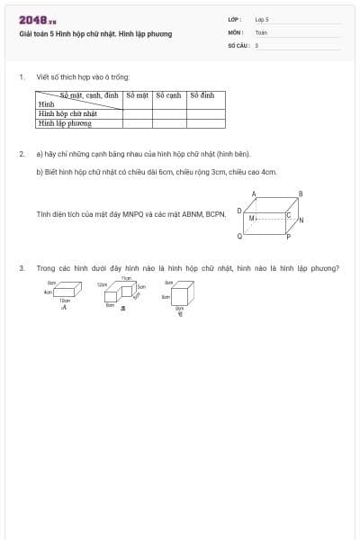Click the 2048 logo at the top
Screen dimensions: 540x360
[37, 20]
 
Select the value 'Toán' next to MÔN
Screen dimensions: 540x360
[261, 31]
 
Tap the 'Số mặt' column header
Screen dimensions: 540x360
[138, 94]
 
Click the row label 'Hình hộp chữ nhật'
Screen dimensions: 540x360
[67, 114]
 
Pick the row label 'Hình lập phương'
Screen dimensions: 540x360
[65, 123]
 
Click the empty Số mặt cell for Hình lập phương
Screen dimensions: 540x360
[138, 123]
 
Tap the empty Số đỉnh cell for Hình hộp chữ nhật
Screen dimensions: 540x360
[206, 114]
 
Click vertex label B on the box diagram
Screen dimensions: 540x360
[301, 193]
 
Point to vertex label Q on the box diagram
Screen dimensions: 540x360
[239, 236]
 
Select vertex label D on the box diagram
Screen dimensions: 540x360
[238, 211]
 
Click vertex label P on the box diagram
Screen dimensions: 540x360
[288, 237]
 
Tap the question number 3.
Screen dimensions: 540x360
[22, 267]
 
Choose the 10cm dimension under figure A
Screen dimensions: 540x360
[65, 301]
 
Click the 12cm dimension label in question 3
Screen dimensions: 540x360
[103, 284]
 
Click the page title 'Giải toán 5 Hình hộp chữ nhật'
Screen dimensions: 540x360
[95, 34]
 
